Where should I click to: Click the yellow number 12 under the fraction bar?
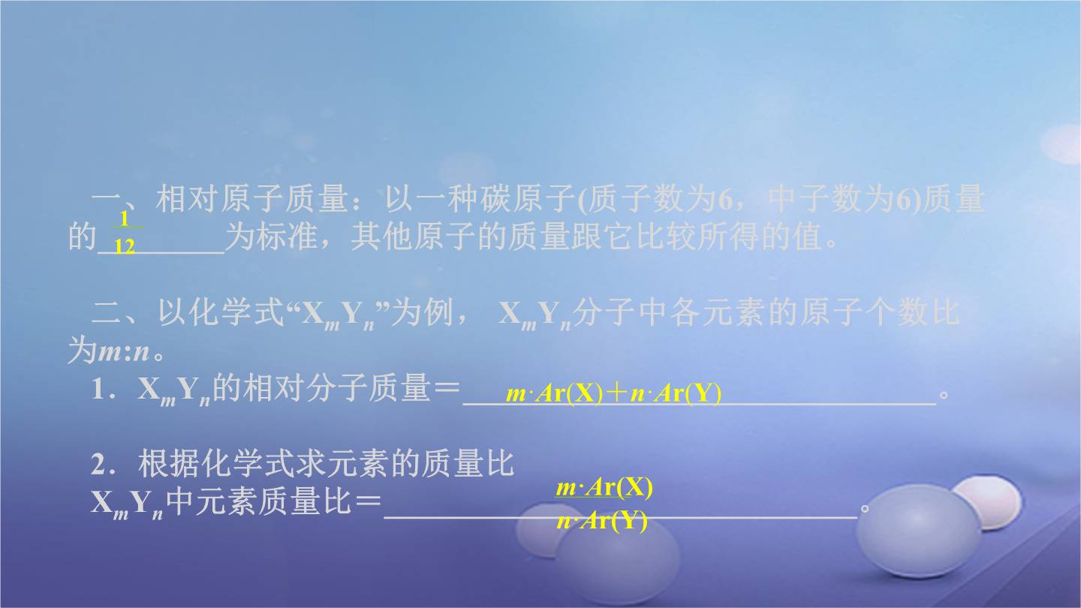pos(125,246)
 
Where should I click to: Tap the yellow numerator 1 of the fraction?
pos(125,218)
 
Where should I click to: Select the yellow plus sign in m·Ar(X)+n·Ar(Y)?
pos(616,393)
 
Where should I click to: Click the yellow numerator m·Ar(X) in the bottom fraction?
pos(604,487)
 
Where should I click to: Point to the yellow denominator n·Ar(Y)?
pos(602,521)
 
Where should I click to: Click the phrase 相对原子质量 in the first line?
pos(251,199)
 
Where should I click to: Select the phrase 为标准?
pos(273,236)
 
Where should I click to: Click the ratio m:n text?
pos(124,351)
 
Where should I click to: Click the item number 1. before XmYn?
pos(104,389)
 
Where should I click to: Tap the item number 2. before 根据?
pos(104,464)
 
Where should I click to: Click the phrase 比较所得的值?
pos(730,236)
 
